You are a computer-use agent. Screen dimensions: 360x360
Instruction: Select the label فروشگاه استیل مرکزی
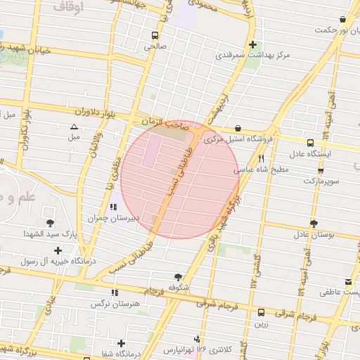coord(231,140)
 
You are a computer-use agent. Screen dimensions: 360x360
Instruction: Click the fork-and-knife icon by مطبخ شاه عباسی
coord(261,158)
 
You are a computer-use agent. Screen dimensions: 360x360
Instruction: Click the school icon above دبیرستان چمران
coord(113,207)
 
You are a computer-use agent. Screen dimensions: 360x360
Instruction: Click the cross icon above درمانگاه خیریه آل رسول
coord(57,250)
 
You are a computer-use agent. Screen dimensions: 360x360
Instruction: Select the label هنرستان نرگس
coord(110,304)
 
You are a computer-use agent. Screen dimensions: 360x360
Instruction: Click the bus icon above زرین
coord(261,312)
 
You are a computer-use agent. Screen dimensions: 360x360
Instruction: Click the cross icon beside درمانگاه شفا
coord(122,343)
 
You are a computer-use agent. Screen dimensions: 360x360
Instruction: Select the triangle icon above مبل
coord(74,127)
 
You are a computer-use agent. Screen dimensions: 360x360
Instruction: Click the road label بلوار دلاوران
coord(82,112)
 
